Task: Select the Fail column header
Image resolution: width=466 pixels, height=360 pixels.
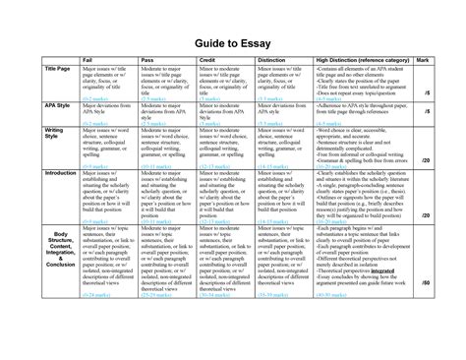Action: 85,61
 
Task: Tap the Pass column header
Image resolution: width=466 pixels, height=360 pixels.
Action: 152,61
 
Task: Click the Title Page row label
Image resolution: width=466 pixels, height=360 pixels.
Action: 29,70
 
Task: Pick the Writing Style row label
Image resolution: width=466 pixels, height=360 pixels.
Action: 27,134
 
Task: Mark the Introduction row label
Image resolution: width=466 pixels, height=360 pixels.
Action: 32,172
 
